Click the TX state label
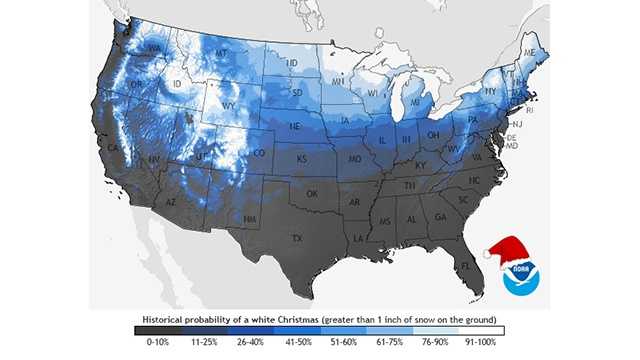296,239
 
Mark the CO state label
259,154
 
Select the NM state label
249,219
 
